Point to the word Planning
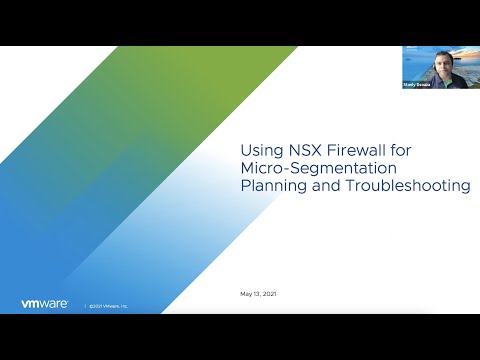tap(275, 185)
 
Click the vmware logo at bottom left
tap(44, 304)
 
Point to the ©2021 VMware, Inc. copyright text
tap(108, 305)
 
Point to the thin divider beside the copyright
tap(84, 305)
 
